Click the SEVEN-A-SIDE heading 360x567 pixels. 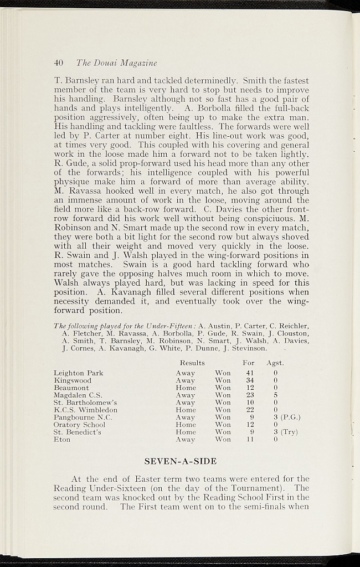coord(180,461)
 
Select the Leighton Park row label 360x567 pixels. coord(78,373)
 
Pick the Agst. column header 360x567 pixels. coord(275,363)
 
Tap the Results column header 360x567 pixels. coord(192,363)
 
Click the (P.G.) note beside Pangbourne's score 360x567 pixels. coord(291,417)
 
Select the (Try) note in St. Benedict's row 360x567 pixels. coord(290,432)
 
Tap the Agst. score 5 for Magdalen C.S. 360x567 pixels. coord(275,395)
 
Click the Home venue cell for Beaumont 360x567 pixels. coord(186,388)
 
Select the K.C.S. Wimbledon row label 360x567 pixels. coord(85,410)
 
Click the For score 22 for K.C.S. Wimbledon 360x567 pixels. coord(250,410)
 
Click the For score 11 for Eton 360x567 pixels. coord(250,439)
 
